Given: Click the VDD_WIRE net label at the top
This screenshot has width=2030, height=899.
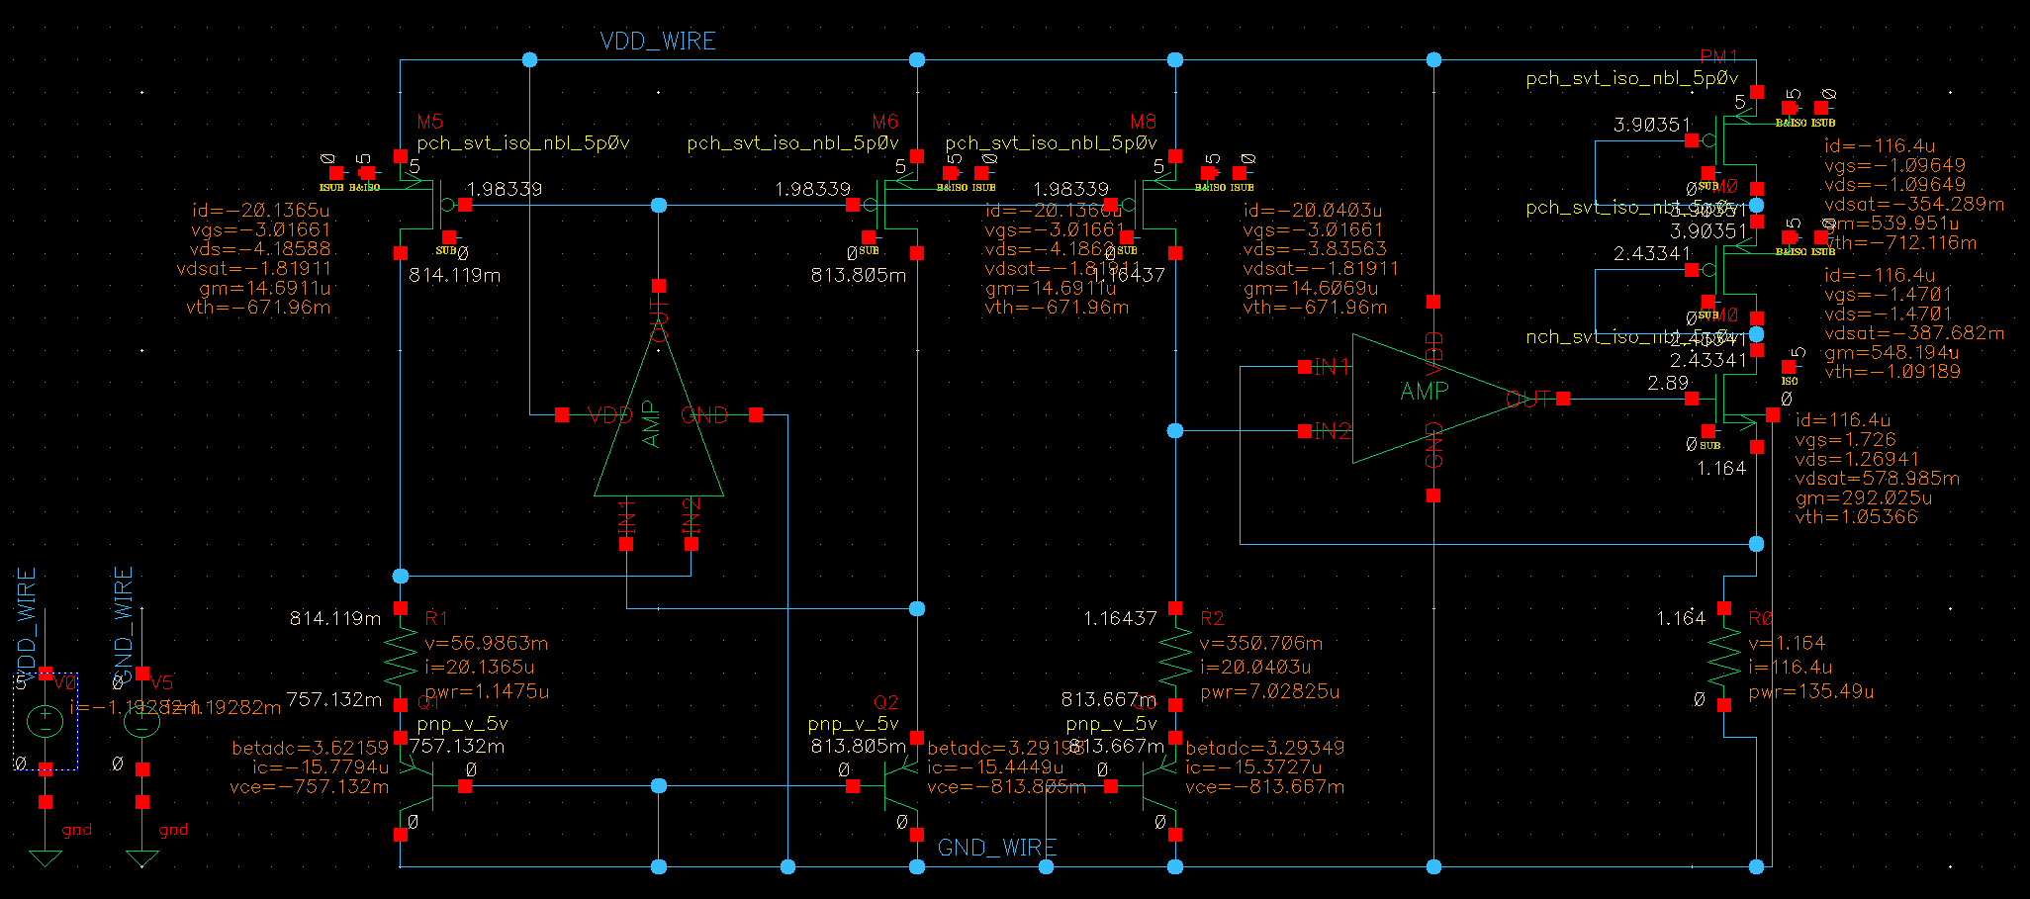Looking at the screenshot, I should tap(658, 42).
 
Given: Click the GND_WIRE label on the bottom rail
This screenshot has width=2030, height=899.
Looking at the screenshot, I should tap(996, 848).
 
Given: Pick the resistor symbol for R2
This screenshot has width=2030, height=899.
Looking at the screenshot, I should tap(1175, 656).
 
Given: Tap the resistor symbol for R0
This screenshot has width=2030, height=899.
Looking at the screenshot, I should tap(1724, 656).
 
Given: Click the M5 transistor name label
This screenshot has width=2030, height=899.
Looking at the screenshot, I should tap(430, 122).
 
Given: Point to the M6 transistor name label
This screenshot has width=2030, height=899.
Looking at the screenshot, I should tap(884, 122).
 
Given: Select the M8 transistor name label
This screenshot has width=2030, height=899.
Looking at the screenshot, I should tap(1143, 122).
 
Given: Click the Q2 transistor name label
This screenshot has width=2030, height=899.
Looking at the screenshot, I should tap(885, 702).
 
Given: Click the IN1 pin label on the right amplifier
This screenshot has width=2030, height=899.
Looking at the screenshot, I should tap(1332, 368).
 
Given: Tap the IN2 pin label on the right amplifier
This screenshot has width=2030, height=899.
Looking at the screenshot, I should tap(1332, 431).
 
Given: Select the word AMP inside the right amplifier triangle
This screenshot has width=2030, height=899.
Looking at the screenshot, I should tap(1425, 392).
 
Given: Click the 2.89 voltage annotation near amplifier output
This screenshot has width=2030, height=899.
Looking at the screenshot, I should tap(1668, 383).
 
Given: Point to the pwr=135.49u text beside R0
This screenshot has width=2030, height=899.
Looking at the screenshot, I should tap(1810, 691).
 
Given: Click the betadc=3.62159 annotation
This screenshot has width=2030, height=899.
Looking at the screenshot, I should tap(310, 748).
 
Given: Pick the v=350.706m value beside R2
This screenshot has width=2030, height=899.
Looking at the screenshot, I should tap(1260, 643).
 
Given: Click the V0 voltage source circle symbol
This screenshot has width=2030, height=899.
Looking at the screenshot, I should tap(45, 721).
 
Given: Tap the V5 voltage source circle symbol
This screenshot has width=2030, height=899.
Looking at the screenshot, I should tap(141, 721).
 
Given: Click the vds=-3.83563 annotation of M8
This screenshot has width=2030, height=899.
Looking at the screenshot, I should tap(1315, 249).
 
